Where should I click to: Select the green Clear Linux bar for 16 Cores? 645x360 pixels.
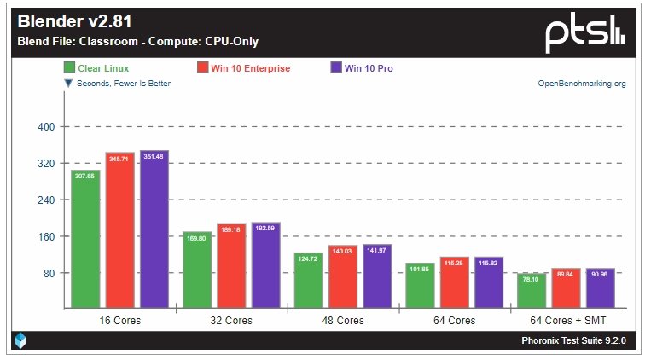point(85,239)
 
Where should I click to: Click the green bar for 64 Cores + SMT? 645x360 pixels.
point(532,290)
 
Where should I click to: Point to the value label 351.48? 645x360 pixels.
point(154,156)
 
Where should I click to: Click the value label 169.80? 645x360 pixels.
point(196,238)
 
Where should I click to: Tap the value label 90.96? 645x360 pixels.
point(600,275)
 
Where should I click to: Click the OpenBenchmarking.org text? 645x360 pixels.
point(581,84)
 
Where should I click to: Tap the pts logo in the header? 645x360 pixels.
point(585,32)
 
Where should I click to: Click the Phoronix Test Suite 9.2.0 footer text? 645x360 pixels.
point(573,340)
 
